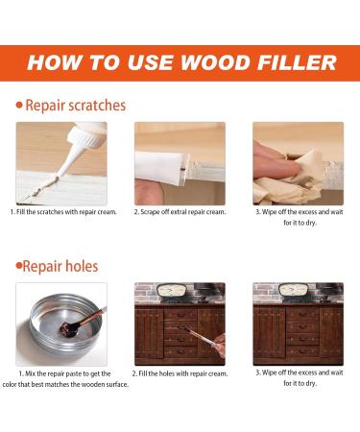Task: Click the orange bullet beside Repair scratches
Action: (19, 105)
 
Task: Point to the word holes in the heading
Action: (81, 266)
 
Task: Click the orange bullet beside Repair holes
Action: (19, 265)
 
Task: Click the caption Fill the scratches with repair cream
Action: (63, 212)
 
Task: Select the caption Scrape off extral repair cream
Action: (180, 212)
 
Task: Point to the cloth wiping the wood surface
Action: (292, 180)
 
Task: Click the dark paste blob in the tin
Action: (68, 329)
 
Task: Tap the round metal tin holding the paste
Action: (63, 325)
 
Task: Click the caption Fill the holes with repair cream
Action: (180, 373)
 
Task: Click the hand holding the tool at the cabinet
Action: (219, 345)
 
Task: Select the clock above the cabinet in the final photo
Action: (294, 290)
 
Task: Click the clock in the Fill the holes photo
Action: (173, 291)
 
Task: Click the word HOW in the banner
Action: (54, 62)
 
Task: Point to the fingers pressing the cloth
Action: (272, 162)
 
